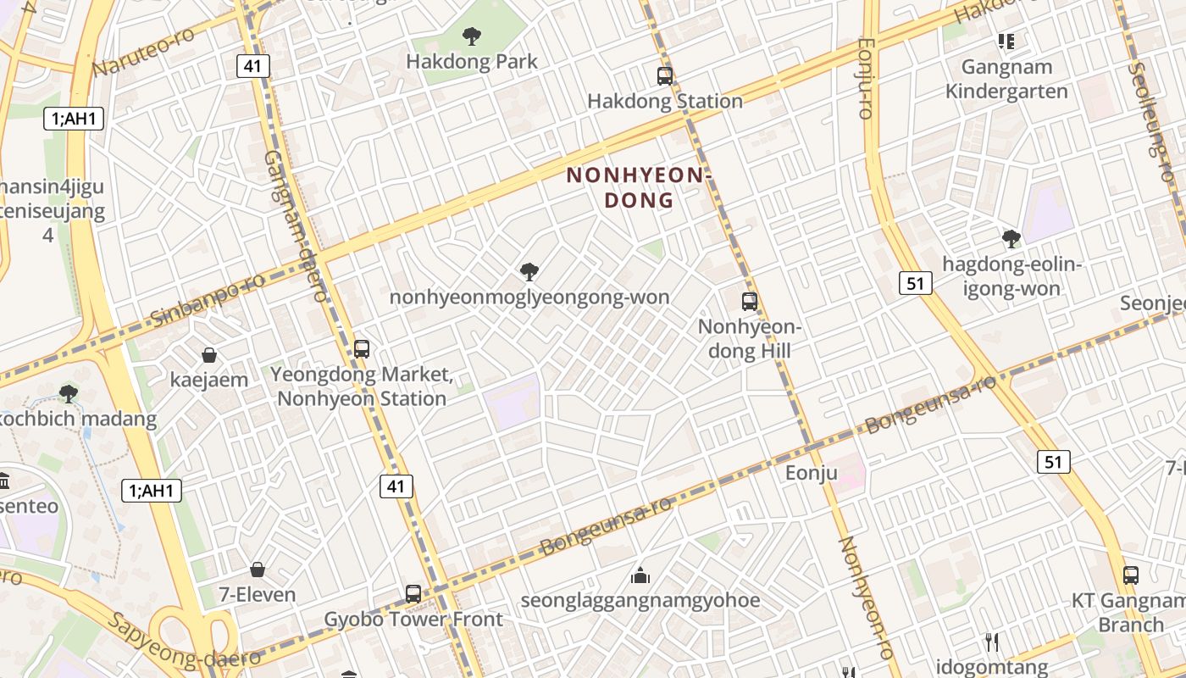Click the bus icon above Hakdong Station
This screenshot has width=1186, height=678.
click(x=665, y=76)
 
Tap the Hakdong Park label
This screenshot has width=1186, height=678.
click(x=472, y=62)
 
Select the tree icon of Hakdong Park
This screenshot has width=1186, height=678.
click(x=472, y=36)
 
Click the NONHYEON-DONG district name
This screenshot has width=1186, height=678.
click(x=635, y=187)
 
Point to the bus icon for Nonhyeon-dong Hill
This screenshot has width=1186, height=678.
click(x=750, y=301)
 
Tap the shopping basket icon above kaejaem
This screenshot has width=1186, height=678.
click(x=209, y=355)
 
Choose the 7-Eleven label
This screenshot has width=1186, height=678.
click(x=258, y=595)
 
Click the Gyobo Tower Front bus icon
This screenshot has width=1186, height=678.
click(x=413, y=594)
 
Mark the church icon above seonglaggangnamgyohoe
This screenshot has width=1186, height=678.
click(x=640, y=576)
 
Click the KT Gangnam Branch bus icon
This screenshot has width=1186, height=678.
click(x=1130, y=575)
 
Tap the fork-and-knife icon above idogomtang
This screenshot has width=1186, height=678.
click(x=991, y=642)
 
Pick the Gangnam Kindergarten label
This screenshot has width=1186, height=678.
click(x=1006, y=79)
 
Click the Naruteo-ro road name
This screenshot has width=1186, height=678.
click(x=143, y=51)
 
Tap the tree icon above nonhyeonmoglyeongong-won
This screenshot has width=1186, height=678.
click(x=529, y=272)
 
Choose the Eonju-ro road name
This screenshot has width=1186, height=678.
click(x=866, y=77)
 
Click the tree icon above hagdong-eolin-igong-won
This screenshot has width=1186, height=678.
click(x=1011, y=239)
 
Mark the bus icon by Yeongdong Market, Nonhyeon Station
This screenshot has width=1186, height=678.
click(x=362, y=348)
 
